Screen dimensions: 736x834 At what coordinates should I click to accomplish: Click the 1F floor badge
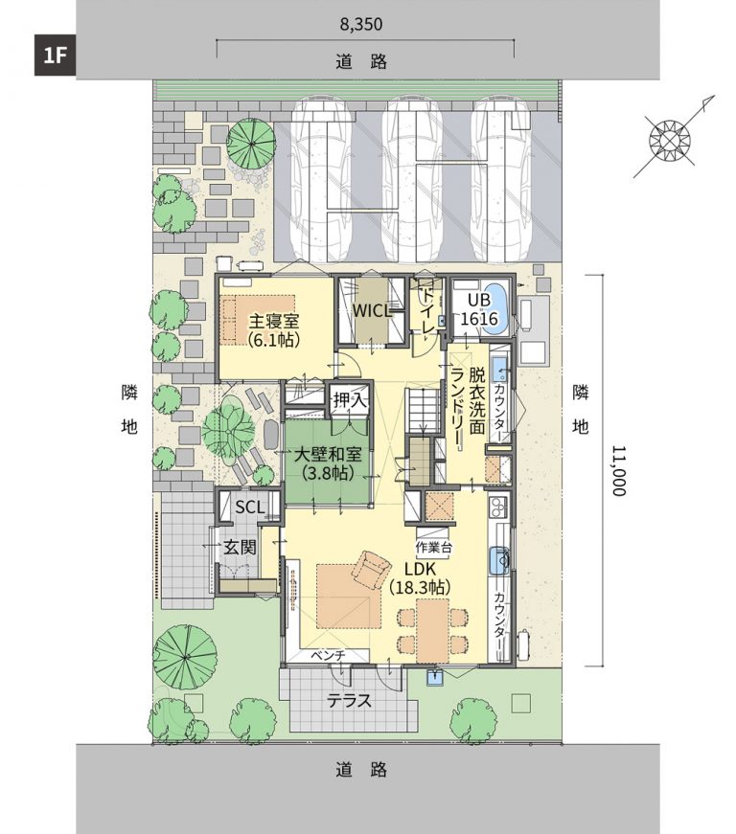click(55, 56)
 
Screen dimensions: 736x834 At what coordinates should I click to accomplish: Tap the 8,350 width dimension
click(361, 25)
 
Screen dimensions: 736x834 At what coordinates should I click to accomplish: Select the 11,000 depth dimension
click(618, 470)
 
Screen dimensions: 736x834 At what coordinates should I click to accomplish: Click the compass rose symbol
click(670, 141)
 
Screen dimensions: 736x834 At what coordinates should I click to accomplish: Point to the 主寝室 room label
click(274, 322)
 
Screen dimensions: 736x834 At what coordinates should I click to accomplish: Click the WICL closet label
click(373, 310)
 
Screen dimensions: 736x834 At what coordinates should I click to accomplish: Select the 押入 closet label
click(350, 400)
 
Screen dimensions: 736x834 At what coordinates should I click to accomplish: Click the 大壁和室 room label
click(329, 454)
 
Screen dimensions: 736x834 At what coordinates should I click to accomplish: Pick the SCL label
click(249, 507)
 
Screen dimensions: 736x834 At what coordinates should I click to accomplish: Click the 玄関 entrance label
click(240, 548)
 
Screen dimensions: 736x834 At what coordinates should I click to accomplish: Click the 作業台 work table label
click(433, 547)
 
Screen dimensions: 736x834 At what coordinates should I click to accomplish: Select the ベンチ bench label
click(328, 655)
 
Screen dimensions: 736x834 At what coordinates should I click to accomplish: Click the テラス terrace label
click(349, 701)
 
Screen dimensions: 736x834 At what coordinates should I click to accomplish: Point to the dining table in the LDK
click(432, 631)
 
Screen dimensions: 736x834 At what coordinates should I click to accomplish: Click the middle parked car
click(412, 180)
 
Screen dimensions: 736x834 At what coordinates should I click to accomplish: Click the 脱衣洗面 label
click(476, 400)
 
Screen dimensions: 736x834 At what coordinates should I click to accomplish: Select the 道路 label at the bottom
click(361, 769)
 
